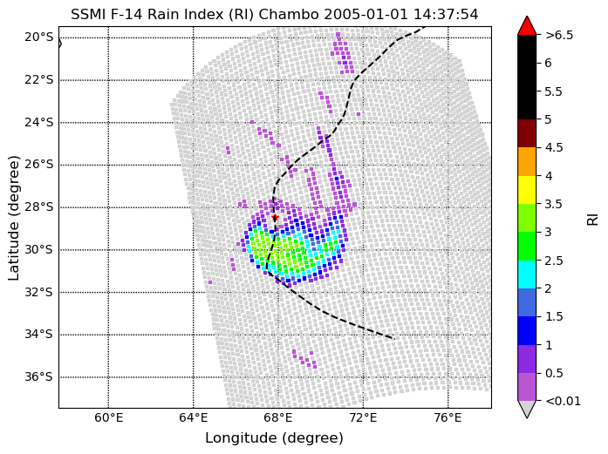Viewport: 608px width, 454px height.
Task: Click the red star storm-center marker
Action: (275, 217)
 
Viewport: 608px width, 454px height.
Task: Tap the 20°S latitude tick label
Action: (38, 37)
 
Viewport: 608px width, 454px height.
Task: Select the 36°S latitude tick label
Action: (38, 376)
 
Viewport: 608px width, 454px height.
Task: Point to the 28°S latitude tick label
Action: (38, 207)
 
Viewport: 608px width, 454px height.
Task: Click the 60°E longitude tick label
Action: (107, 418)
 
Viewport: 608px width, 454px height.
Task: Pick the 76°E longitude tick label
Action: (447, 418)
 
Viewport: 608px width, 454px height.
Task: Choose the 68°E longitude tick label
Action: (277, 418)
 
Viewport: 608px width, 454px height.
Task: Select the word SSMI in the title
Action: (88, 14)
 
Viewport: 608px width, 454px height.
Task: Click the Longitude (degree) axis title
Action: (274, 437)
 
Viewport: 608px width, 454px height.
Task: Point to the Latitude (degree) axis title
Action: (14, 217)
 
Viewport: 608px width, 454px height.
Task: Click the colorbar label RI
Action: (593, 218)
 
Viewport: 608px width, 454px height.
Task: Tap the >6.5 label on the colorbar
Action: (559, 36)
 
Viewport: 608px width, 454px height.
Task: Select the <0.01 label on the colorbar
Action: (563, 401)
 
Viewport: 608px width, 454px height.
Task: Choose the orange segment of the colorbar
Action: (527, 161)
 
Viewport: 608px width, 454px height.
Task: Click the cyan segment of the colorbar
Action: (527, 274)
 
